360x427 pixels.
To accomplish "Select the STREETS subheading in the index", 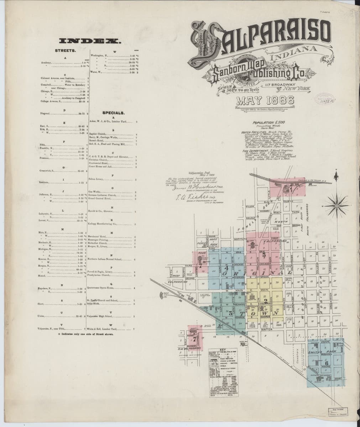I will [x=64, y=51].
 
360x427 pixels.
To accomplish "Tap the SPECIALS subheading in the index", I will [x=113, y=113].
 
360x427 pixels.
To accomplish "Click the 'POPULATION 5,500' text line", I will [x=268, y=123].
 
